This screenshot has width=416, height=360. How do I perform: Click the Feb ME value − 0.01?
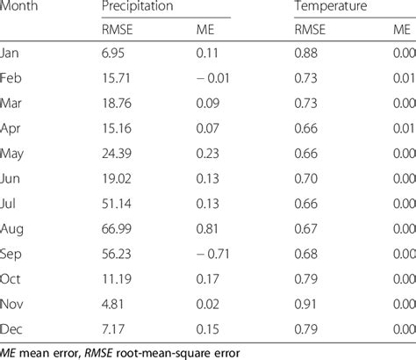point(208,79)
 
